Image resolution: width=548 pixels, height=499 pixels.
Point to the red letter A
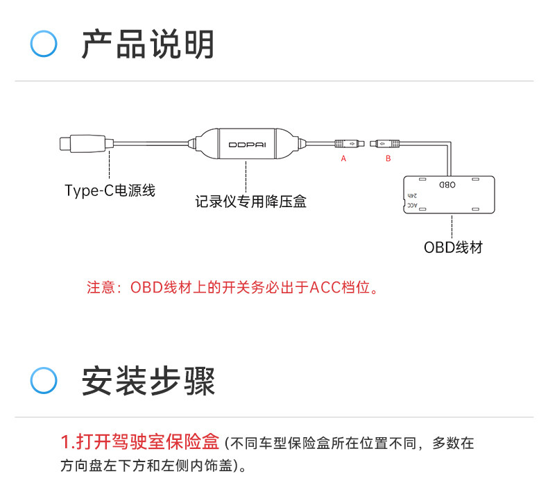click(x=343, y=159)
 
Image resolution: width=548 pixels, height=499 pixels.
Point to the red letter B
click(x=388, y=159)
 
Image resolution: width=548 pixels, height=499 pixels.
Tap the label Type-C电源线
click(x=110, y=190)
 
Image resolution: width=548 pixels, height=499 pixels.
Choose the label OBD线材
click(x=453, y=247)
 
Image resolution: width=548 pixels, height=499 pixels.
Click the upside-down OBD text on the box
click(x=447, y=186)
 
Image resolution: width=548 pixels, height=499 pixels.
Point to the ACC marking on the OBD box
click(x=412, y=206)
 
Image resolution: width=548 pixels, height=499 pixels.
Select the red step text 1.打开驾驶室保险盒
click(x=140, y=441)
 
